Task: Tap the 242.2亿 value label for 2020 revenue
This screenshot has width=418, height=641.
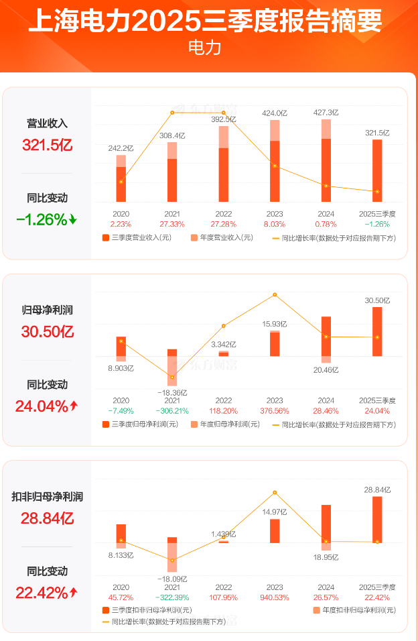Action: pyautogui.click(x=121, y=148)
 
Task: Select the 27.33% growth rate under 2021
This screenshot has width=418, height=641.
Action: pyautogui.click(x=172, y=223)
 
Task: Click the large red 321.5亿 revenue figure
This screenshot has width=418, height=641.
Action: pyautogui.click(x=48, y=145)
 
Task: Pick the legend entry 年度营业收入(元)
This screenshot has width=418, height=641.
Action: pyautogui.click(x=221, y=237)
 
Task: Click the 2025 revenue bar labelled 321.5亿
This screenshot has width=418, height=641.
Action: pyautogui.click(x=377, y=170)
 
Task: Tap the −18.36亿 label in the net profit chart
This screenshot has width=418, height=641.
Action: pyautogui.click(x=172, y=392)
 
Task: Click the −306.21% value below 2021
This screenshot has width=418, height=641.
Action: pyautogui.click(x=172, y=410)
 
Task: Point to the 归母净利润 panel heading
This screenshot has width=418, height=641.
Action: pyautogui.click(x=48, y=310)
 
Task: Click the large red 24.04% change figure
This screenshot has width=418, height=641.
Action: pyautogui.click(x=47, y=406)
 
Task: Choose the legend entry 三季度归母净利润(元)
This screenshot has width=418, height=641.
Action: pyautogui.click(x=141, y=424)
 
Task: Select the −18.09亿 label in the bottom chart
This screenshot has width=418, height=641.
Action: pyautogui.click(x=172, y=578)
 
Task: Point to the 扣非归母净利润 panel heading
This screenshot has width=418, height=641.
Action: pyautogui.click(x=48, y=497)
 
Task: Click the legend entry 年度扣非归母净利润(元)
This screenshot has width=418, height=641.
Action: pyautogui.click(x=354, y=610)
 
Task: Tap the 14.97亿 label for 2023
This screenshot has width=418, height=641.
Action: pyautogui.click(x=275, y=512)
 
